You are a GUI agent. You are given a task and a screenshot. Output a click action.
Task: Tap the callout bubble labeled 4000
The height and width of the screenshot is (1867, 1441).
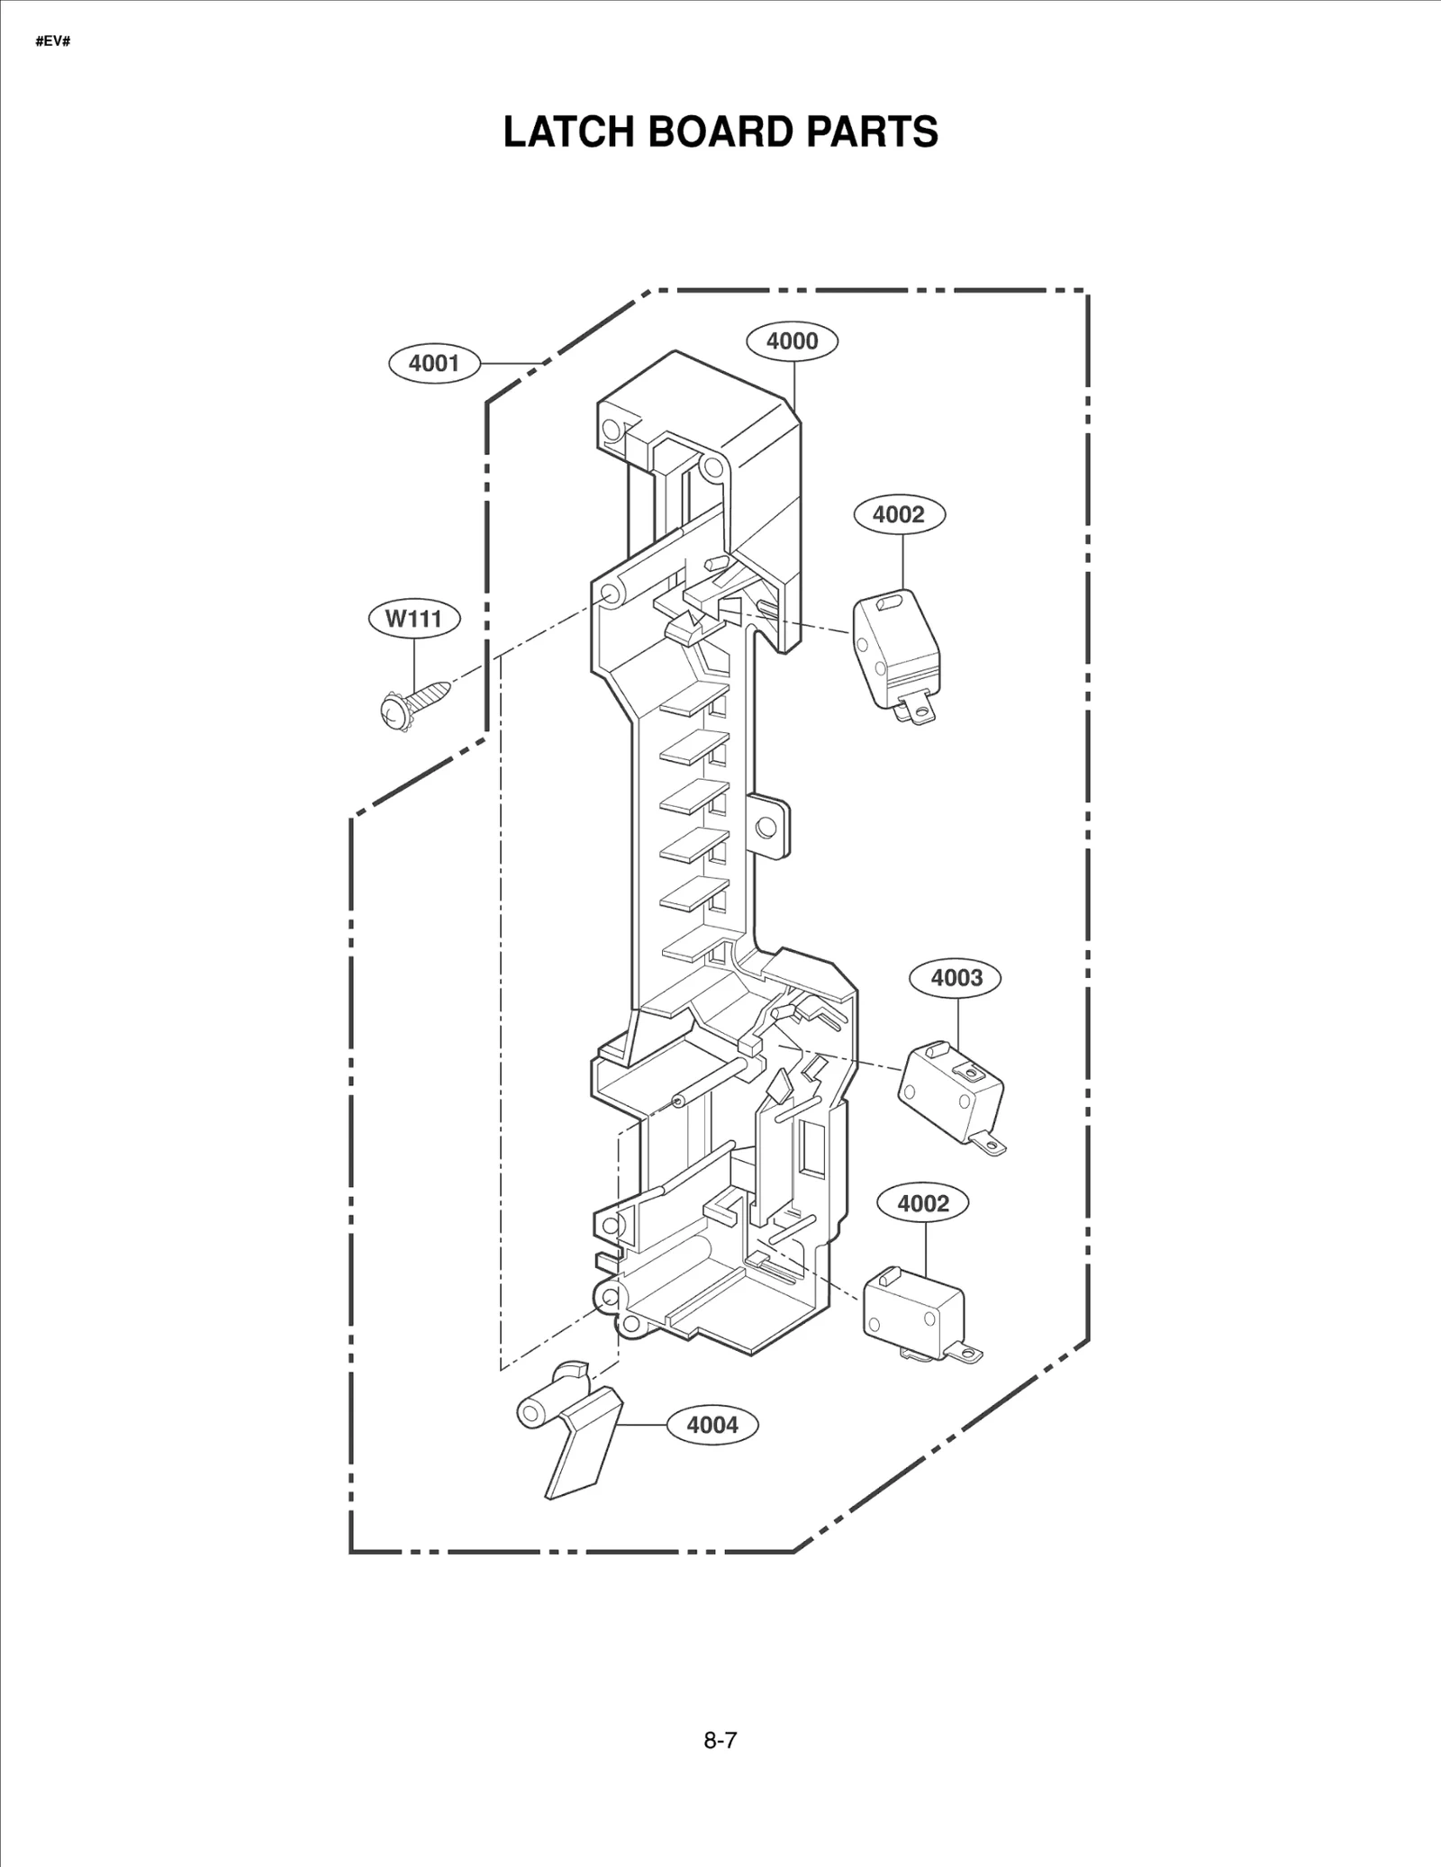point(793,340)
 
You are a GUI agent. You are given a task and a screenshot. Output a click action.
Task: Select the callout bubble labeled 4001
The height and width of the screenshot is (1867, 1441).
point(434,363)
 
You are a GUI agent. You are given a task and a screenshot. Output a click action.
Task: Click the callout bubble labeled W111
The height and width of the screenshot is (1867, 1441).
point(414,619)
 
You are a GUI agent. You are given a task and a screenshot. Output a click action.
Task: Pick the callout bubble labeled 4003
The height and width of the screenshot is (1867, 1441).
point(956,978)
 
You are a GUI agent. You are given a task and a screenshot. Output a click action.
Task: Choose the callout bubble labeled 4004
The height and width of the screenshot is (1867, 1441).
point(711,1425)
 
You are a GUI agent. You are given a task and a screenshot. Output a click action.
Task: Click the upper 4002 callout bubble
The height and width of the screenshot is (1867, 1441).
point(899,514)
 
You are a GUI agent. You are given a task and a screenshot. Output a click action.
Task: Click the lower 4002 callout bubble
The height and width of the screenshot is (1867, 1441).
point(923,1203)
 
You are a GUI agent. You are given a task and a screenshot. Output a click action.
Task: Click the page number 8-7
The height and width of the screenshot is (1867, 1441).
point(720,1740)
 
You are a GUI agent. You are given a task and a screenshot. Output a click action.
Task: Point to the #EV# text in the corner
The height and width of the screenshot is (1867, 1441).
point(52,42)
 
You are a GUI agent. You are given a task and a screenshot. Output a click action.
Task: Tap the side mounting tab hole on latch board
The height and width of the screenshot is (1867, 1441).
point(767,826)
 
